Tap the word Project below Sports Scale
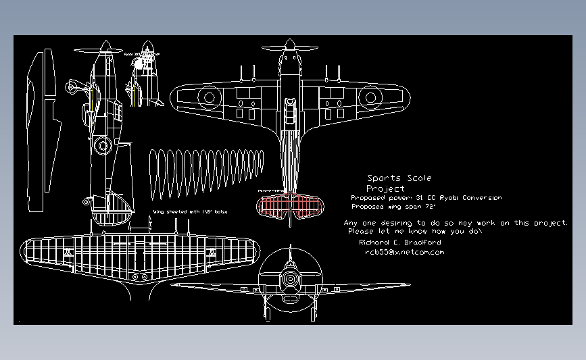coord(385,188)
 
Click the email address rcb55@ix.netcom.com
coord(404,252)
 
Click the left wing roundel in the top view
coord(209,98)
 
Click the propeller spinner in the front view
coord(290,278)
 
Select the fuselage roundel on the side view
coord(103,145)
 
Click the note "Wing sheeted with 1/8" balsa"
coord(191,212)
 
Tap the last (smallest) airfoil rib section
coord(261,160)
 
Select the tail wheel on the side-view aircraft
coord(86,201)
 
